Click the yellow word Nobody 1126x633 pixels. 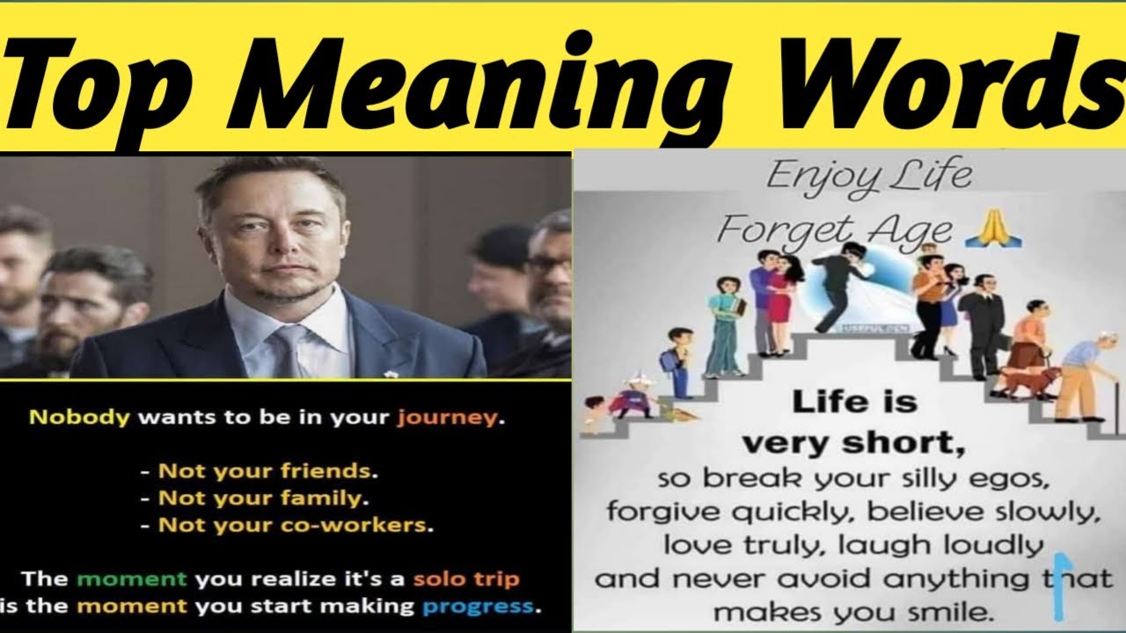(x=80, y=418)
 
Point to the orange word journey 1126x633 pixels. (x=446, y=418)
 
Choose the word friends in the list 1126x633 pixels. (x=327, y=470)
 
